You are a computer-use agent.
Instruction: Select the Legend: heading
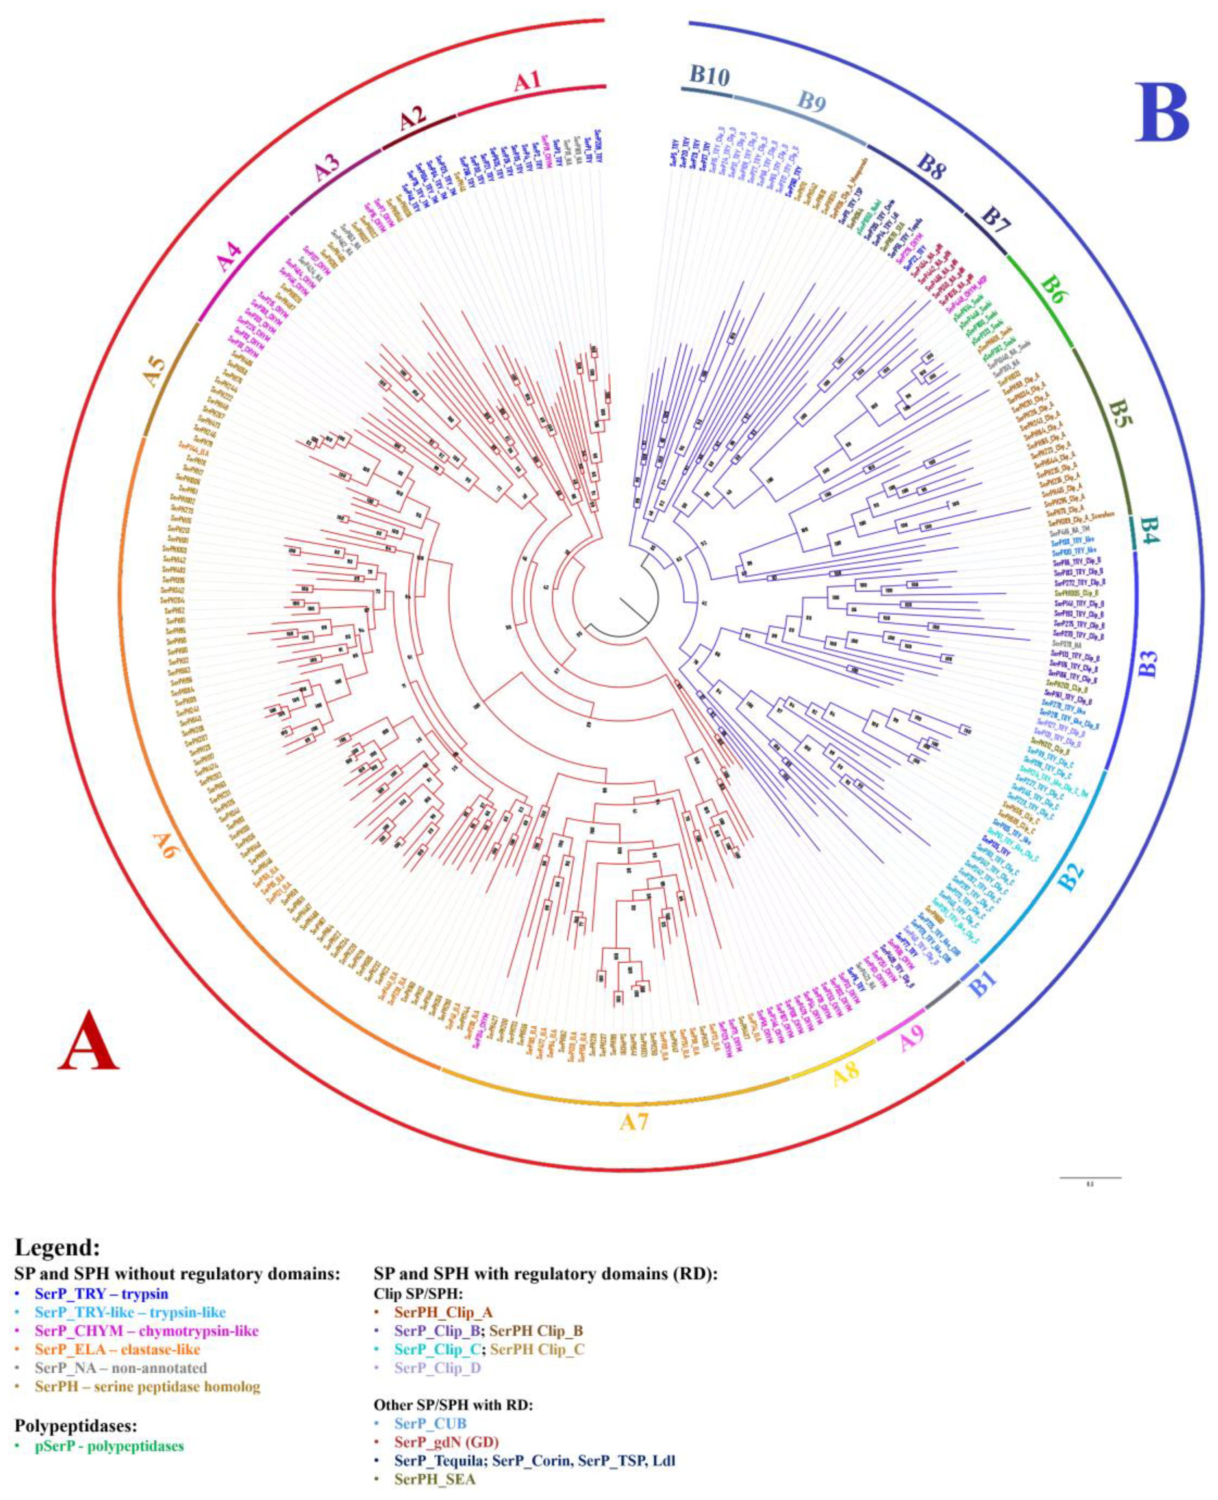click(57, 1248)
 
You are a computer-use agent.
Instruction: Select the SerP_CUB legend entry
click(430, 1424)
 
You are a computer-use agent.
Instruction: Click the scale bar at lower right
click(1089, 1177)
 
